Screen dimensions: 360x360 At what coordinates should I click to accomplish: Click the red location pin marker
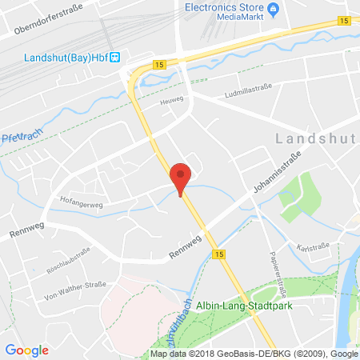[x=182, y=177]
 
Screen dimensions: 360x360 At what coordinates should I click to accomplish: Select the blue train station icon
[x=115, y=57]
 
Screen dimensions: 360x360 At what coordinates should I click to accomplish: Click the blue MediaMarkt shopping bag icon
[x=273, y=10]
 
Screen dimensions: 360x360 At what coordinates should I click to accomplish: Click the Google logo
[x=26, y=349]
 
